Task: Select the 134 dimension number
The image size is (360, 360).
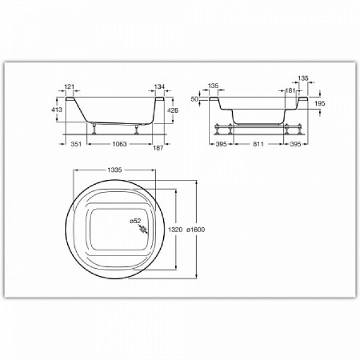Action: pos(159,87)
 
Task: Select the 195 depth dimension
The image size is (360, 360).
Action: pos(320,104)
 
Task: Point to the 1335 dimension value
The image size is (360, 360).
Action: pos(115,170)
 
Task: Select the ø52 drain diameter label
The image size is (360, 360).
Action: pos(136,221)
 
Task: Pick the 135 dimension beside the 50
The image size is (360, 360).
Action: pos(213,86)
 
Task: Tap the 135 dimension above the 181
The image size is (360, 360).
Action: pos(303,78)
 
